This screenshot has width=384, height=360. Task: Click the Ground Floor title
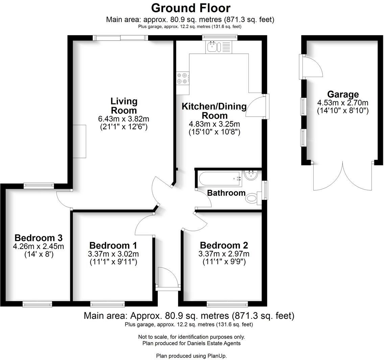191,7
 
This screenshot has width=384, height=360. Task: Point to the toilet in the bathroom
253,198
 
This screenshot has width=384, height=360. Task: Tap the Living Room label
124,106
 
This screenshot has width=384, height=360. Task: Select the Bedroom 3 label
38,238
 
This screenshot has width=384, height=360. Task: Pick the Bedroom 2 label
224,245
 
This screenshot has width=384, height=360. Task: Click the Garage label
342,94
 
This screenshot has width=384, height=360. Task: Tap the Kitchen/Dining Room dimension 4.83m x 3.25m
214,124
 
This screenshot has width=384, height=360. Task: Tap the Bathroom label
226,193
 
